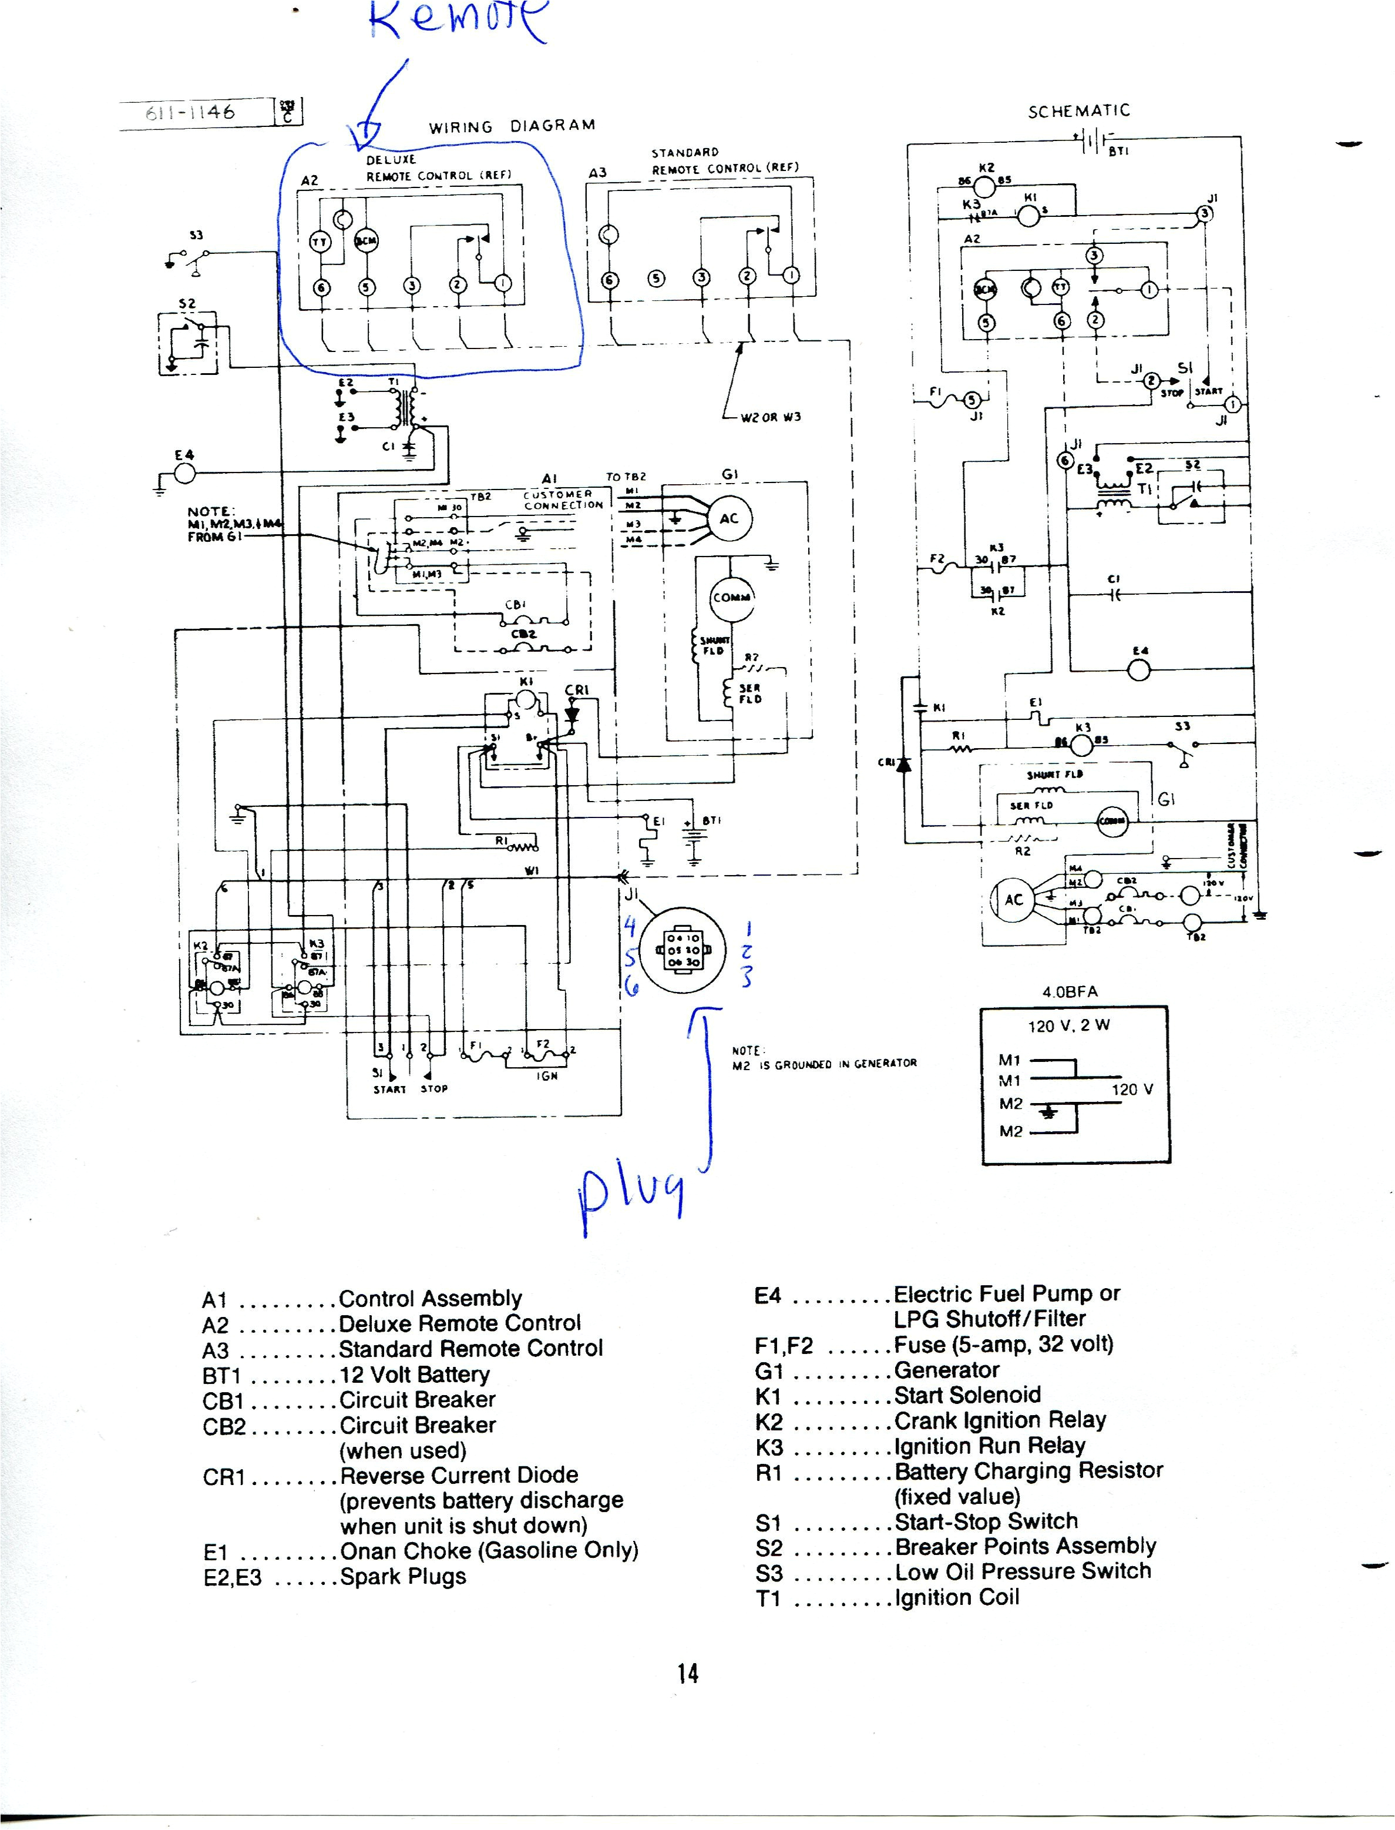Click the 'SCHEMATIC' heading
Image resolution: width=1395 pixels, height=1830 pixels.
pyautogui.click(x=1078, y=110)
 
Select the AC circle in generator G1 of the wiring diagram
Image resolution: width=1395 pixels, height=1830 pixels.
pyautogui.click(x=728, y=518)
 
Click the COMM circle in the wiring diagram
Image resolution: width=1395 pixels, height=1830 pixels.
pyautogui.click(x=731, y=596)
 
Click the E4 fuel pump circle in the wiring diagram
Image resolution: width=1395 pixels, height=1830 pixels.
pyautogui.click(x=183, y=472)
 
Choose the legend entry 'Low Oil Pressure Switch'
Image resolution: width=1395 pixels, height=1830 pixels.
pyautogui.click(x=1023, y=1571)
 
